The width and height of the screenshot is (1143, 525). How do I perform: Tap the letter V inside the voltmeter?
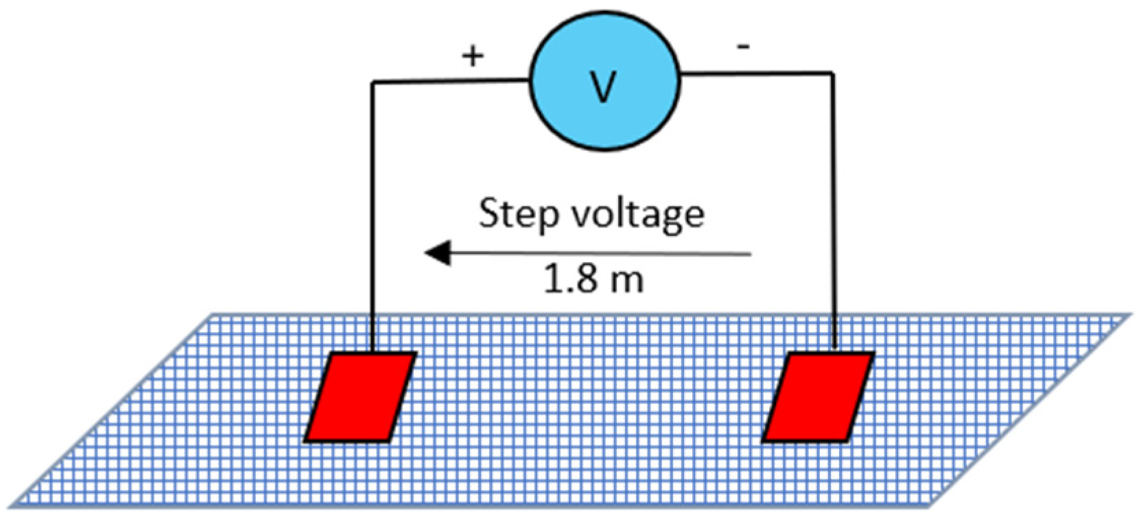coord(603,86)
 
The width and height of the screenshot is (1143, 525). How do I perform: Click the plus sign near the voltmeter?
coord(472,56)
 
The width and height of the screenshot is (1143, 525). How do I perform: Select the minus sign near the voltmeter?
coord(743,47)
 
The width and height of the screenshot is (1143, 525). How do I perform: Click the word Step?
coord(518,215)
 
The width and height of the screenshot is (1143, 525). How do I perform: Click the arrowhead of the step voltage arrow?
coord(437,253)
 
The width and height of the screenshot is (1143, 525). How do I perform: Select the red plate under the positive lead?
coord(360,397)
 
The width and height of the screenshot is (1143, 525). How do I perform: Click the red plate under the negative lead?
coord(818,397)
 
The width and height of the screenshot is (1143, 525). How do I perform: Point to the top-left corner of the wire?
coord(373,82)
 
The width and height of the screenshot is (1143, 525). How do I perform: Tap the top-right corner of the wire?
coord(833,73)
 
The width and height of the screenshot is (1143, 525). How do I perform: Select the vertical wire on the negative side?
coord(834,206)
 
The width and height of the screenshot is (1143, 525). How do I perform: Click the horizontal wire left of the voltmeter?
coord(449,81)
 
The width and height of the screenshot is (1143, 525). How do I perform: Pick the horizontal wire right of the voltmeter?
coord(755,73)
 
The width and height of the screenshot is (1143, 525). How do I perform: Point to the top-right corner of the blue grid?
coord(1129,316)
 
